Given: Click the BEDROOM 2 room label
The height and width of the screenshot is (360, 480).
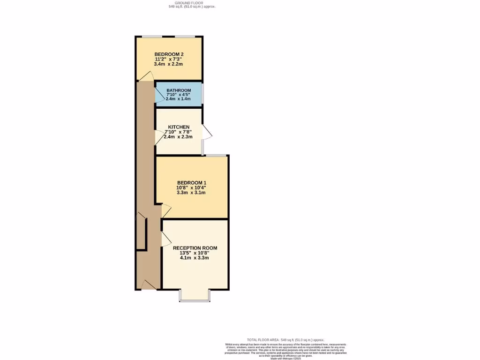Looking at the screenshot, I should click(169, 54).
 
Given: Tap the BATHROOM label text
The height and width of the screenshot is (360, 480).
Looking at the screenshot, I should click(179, 90).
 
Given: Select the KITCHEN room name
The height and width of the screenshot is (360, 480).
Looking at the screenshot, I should click(179, 127).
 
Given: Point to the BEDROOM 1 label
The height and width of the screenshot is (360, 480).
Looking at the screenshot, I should click(191, 183).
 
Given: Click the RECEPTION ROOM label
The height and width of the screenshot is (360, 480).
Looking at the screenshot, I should click(195, 248).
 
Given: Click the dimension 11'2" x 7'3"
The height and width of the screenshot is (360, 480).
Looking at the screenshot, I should click(169, 59).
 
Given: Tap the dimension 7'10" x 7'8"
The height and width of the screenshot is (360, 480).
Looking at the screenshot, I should click(179, 132).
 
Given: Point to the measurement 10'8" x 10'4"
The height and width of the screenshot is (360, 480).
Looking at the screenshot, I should click(191, 188).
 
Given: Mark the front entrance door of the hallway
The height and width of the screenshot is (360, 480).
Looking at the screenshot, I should click(149, 285).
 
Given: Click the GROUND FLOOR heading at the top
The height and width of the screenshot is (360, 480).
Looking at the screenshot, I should click(192, 3).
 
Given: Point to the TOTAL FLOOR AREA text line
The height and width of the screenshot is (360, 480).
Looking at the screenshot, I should click(285, 339).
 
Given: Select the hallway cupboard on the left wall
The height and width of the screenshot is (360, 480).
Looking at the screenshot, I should click(141, 232).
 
